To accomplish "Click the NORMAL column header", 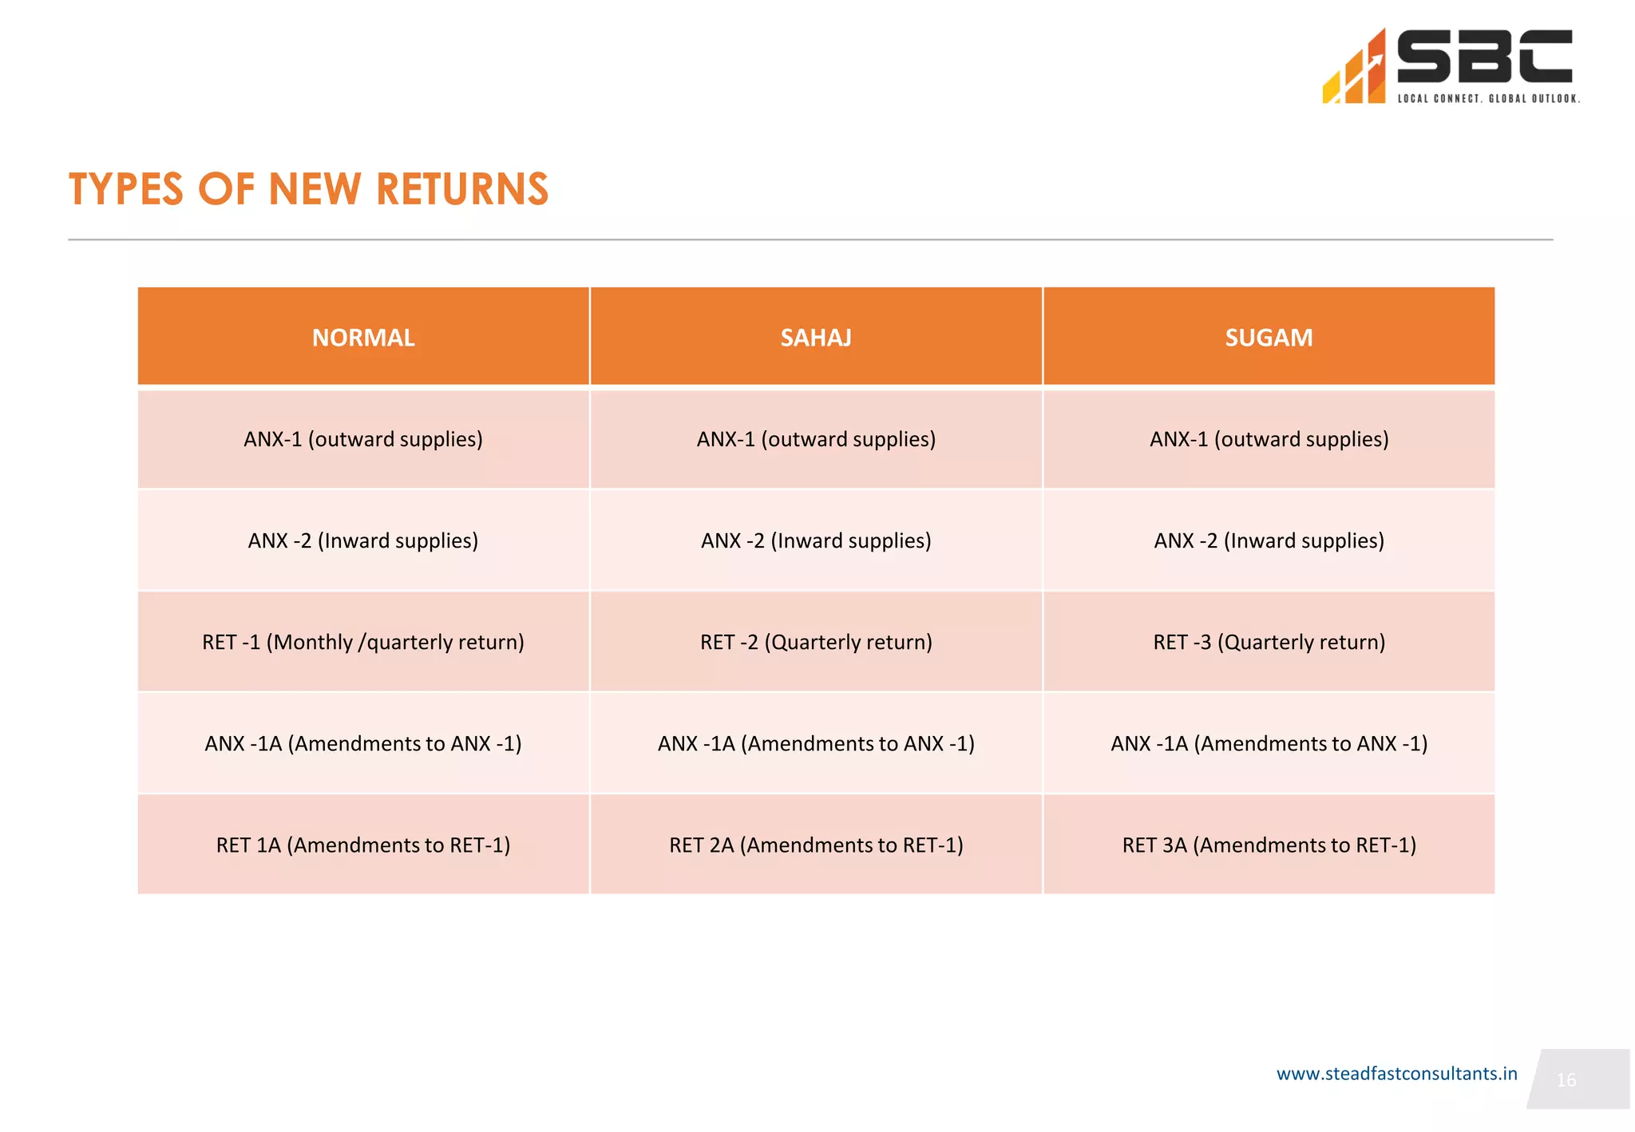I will [x=363, y=338].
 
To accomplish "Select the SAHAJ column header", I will [x=816, y=338].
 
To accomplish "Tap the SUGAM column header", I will [x=1269, y=338].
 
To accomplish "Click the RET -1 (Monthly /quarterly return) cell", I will [x=363, y=642].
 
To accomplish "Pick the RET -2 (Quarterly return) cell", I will [x=816, y=642].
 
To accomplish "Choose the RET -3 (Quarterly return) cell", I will [x=1269, y=642].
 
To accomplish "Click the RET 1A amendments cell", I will [x=363, y=845].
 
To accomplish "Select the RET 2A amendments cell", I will [x=816, y=845].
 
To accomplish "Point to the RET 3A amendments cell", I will [x=1269, y=845].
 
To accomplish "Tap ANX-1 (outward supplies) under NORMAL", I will [x=363, y=439].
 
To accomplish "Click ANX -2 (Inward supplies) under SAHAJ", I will [x=816, y=540].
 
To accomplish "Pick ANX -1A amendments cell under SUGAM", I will [x=1269, y=743].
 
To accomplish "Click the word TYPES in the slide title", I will [x=126, y=190].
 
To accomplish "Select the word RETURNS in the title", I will [x=461, y=190].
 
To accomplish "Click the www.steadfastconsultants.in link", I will [x=1396, y=1074].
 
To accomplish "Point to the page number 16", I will [x=1566, y=1080].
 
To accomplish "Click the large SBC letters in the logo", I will [x=1484, y=57].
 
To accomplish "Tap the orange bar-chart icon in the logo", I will [x=1355, y=70].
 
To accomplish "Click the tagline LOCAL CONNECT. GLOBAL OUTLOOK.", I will [x=1488, y=99].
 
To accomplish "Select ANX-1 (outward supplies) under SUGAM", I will [x=1269, y=439].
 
